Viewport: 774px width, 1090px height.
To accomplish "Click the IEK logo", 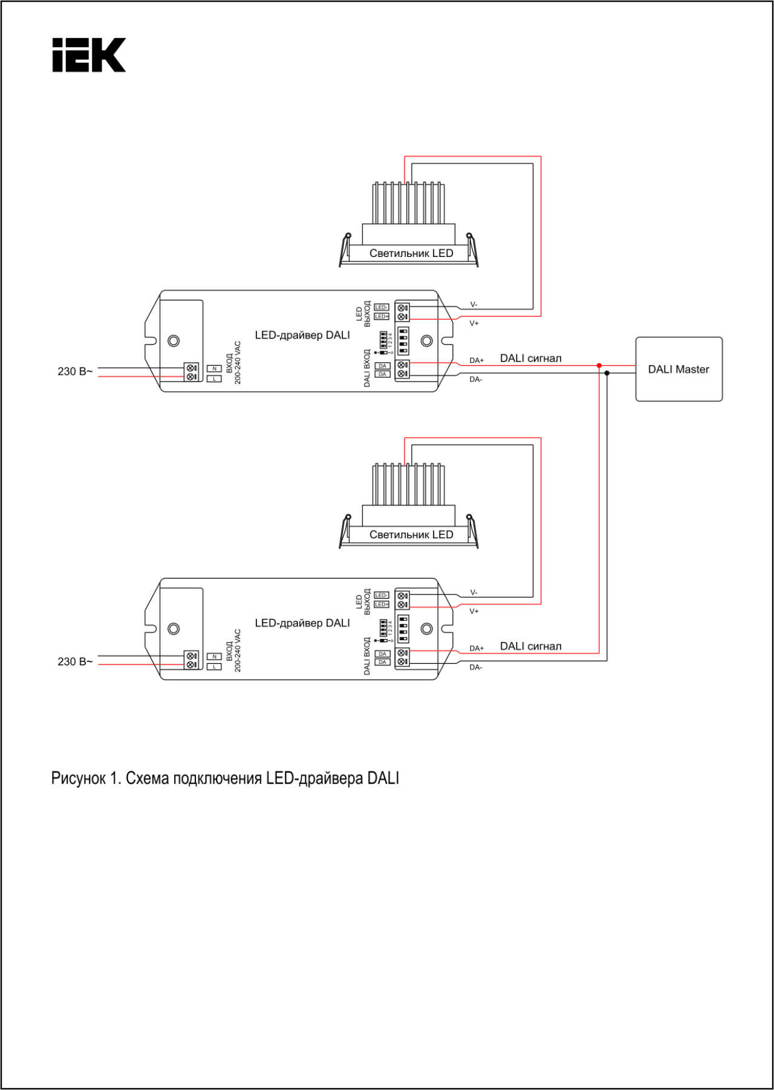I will (89, 55).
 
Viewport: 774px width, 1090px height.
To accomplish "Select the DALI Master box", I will (678, 369).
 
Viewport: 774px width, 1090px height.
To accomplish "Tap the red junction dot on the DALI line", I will (599, 365).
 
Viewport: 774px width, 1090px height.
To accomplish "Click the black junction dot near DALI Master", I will (607, 373).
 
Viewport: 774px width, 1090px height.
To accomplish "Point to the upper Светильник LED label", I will (411, 253).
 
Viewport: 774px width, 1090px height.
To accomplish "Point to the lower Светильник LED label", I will (411, 535).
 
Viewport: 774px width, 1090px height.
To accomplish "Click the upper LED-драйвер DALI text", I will (302, 336).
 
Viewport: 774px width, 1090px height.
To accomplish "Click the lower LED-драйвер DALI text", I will (302, 623).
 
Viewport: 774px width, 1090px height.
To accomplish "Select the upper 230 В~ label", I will (75, 372).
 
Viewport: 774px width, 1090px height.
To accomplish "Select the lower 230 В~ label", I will (75, 662).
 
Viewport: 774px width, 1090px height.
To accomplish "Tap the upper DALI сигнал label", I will (530, 358).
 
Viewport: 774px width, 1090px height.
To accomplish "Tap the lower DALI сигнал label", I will (530, 646).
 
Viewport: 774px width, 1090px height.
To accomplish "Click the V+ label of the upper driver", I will (474, 323).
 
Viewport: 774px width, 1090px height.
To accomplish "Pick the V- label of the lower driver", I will (473, 592).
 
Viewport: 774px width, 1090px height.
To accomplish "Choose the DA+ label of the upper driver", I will (476, 360).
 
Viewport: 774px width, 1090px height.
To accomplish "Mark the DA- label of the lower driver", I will (476, 667).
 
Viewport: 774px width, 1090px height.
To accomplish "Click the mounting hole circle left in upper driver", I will (174, 341).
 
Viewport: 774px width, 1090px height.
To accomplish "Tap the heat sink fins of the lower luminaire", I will (409, 484).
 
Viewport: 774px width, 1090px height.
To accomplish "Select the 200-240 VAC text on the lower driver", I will (238, 650).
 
